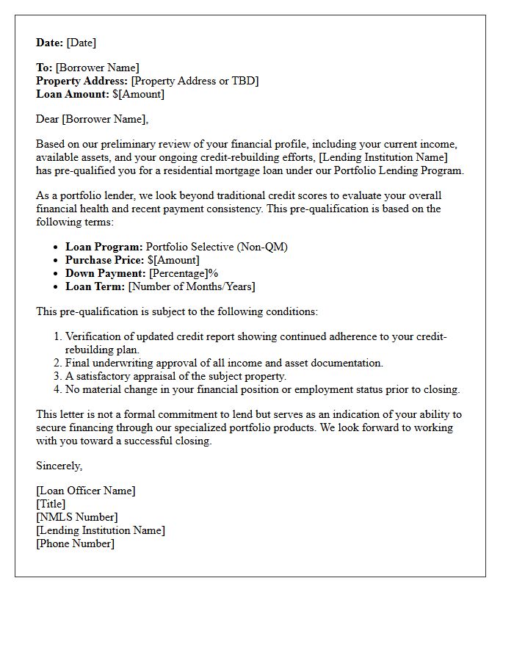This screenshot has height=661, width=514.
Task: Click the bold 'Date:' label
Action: click(x=50, y=43)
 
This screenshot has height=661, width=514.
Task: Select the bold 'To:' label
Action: click(x=44, y=68)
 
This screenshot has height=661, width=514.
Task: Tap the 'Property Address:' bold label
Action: click(x=82, y=81)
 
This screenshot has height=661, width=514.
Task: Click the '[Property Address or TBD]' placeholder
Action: click(x=195, y=81)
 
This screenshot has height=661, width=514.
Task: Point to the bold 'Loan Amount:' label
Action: click(x=73, y=94)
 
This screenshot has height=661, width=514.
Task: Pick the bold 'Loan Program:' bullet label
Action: click(x=104, y=247)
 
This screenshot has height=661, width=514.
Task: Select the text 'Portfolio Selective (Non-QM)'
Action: click(x=217, y=247)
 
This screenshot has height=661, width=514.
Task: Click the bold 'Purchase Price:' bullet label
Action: click(x=104, y=260)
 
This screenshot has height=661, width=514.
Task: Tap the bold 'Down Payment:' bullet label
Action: click(x=105, y=273)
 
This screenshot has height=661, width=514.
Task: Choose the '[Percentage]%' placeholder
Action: click(x=184, y=273)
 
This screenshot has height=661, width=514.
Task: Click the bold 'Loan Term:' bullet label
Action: click(x=95, y=286)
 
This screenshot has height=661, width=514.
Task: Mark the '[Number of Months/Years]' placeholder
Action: click(x=192, y=286)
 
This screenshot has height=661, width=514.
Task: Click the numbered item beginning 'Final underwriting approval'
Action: click(x=224, y=363)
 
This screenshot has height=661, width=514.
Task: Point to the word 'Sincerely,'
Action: click(x=59, y=466)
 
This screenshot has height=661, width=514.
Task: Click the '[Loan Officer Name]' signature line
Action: click(x=86, y=491)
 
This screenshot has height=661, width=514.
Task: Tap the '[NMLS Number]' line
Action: click(x=76, y=517)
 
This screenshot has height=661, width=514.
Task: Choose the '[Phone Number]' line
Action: click(x=75, y=543)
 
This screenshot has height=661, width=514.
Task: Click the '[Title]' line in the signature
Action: click(x=51, y=504)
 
